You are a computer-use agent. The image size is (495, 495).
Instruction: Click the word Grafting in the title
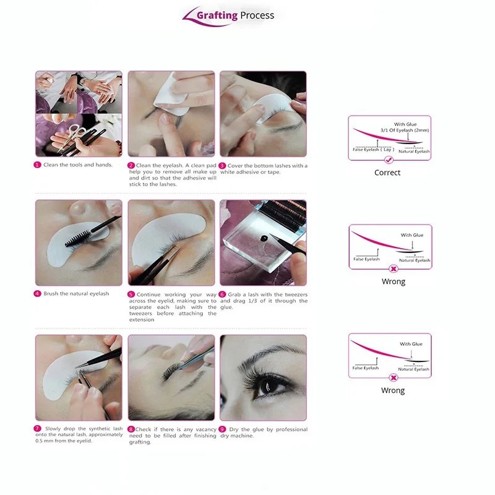[217, 15]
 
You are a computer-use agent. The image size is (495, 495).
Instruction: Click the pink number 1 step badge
[37, 165]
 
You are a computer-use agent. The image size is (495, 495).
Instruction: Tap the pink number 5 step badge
[131, 295]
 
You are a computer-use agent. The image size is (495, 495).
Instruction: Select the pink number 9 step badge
[223, 429]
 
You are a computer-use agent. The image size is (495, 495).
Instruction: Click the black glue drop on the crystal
[264, 238]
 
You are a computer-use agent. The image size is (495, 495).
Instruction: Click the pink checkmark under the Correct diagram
[389, 160]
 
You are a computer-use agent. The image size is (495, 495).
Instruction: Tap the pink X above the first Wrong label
[394, 269]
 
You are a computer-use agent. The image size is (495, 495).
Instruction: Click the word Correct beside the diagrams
[387, 173]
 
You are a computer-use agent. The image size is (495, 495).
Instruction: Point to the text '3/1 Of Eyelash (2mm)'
[405, 130]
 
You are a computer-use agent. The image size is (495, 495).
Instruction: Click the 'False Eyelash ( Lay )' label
[374, 150]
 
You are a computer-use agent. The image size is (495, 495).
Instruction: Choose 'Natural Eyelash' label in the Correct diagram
[414, 152]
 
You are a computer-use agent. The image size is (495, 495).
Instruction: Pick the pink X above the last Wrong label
[394, 377]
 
